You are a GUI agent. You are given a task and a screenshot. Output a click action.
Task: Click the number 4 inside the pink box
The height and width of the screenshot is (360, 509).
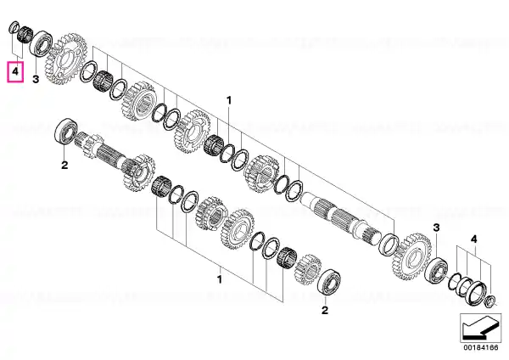[x=15, y=71]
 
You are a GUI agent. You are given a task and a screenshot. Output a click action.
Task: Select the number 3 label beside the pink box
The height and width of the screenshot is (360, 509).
[x=36, y=79]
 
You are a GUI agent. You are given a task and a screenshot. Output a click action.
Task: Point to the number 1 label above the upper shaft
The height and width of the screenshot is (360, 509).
[x=229, y=100]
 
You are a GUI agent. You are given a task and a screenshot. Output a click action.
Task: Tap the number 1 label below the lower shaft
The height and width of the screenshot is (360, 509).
[x=220, y=279]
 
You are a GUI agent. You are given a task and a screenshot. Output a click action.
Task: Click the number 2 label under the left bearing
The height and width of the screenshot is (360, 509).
[x=64, y=165]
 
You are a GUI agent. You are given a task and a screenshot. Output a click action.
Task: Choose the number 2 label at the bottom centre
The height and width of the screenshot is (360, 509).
[x=325, y=310]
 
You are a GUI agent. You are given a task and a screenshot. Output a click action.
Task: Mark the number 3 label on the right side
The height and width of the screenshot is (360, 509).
[x=436, y=228]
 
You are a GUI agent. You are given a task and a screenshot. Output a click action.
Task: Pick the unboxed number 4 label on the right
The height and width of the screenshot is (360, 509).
[x=474, y=239]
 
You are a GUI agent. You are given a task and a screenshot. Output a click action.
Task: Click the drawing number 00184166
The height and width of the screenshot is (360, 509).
[x=480, y=347]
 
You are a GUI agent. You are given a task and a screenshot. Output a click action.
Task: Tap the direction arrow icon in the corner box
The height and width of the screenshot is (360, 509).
[x=480, y=327]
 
